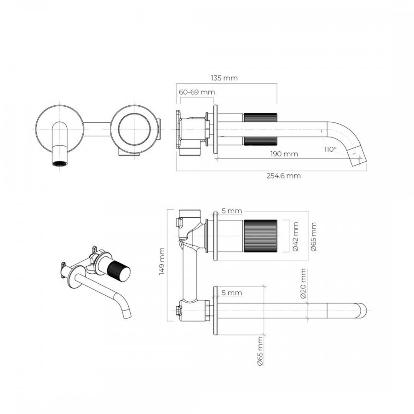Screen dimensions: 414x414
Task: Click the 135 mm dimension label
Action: [224, 78]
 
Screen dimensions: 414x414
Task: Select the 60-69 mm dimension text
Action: [197, 92]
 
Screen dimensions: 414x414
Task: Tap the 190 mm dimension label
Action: [284, 154]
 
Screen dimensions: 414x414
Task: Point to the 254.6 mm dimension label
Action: [283, 176]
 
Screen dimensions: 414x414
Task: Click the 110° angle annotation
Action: [331, 149]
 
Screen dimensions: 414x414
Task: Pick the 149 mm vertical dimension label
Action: [162, 261]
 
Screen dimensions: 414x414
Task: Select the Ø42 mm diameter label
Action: [295, 236]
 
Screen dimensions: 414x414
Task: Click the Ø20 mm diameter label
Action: [303, 283]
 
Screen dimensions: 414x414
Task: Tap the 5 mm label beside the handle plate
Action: [231, 211]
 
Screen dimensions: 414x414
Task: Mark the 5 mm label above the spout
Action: [231, 293]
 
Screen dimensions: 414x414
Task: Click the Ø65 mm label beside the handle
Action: [313, 236]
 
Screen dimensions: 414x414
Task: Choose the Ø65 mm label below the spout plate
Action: [260, 351]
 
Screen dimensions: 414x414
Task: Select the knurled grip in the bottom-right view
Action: [260, 236]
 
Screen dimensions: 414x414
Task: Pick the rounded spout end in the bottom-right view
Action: [362, 310]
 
